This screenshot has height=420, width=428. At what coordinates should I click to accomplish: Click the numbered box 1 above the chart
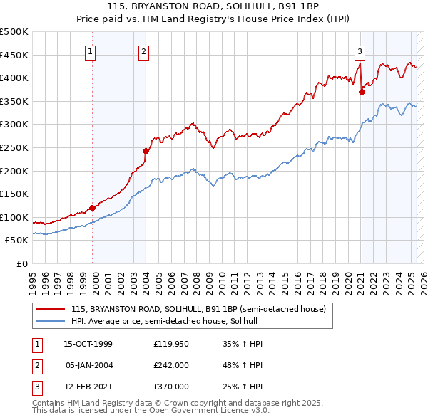click(x=91, y=51)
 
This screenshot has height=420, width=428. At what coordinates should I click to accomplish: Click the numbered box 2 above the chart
click(x=143, y=51)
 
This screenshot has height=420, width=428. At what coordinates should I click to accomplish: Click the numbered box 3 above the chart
click(x=360, y=51)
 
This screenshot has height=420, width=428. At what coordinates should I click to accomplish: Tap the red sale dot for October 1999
click(x=92, y=208)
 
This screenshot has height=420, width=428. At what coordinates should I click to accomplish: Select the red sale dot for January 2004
click(x=146, y=151)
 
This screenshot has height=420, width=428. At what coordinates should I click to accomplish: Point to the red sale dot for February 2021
click(x=362, y=91)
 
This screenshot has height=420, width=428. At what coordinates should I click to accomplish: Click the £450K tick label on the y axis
click(x=15, y=55)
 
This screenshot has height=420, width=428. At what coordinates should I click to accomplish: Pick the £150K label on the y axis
click(x=15, y=194)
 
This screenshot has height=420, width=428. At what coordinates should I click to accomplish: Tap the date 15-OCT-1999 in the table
click(x=88, y=344)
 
